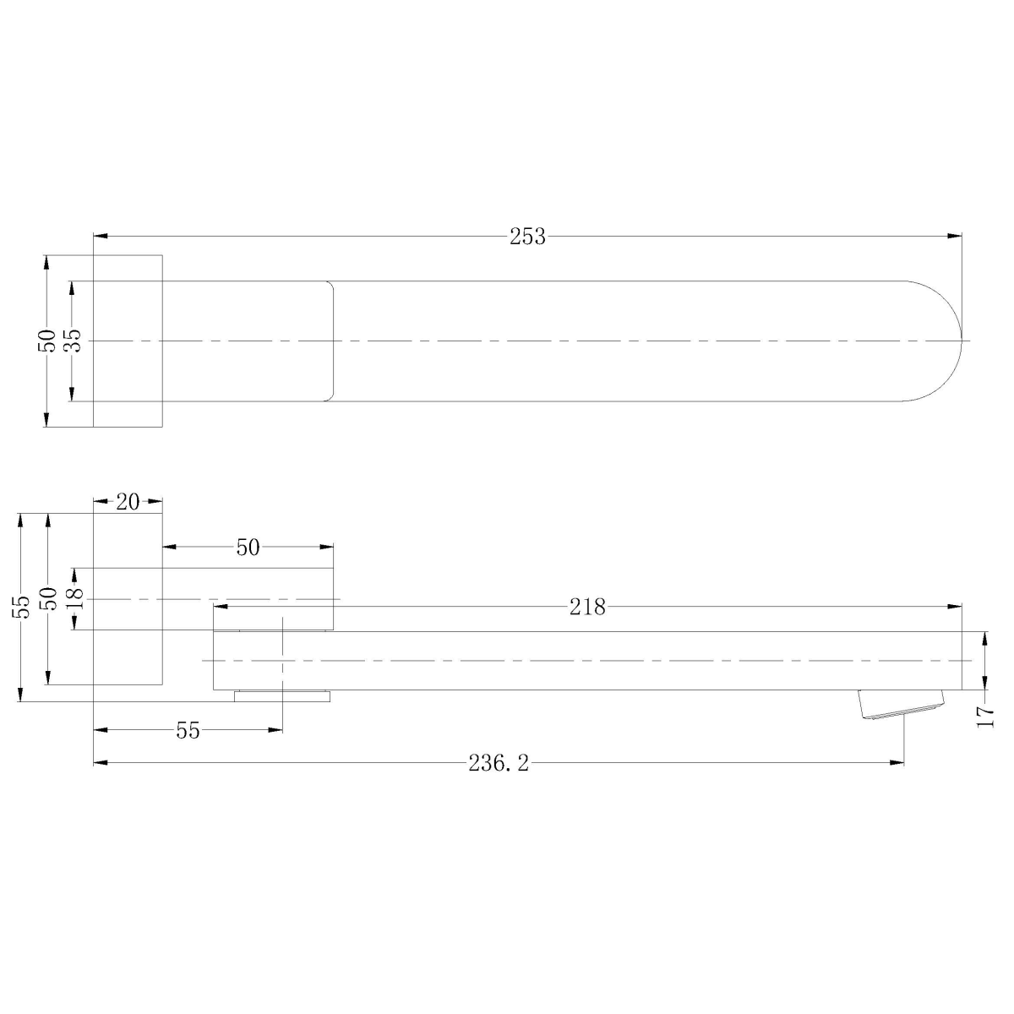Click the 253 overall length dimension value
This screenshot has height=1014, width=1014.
point(527,237)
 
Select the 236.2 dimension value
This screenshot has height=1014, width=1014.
point(499,764)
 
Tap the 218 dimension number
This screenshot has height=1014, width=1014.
point(588,606)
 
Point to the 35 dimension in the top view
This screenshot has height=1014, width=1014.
point(73,341)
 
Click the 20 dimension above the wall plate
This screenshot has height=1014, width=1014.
point(127,501)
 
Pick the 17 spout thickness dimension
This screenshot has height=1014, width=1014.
point(985,717)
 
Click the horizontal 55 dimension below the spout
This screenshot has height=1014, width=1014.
point(188,731)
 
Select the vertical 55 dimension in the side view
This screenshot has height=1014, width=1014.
point(21,605)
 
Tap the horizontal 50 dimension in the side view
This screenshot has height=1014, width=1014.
point(248,548)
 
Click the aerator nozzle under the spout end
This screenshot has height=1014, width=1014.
point(901,704)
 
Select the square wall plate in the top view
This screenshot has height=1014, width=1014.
point(127,341)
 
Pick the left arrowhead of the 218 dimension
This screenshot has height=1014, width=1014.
point(219,606)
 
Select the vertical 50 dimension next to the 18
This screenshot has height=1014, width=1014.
point(48,598)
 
